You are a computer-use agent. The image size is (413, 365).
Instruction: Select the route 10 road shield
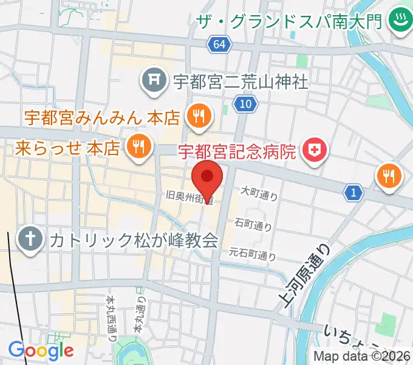[245, 105]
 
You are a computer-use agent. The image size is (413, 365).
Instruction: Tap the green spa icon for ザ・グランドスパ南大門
[399, 21]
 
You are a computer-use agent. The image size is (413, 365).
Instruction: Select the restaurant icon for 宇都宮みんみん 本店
[198, 116]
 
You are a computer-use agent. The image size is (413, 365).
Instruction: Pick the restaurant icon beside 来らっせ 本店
[138, 147]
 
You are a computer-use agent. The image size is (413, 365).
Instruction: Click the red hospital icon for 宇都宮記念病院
[315, 148]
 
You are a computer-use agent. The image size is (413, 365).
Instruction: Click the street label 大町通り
[259, 193]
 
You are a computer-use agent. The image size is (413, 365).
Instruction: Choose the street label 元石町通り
[252, 253]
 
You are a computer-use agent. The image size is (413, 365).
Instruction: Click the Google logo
[41, 350]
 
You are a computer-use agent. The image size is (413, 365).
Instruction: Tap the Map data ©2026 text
[362, 356]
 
